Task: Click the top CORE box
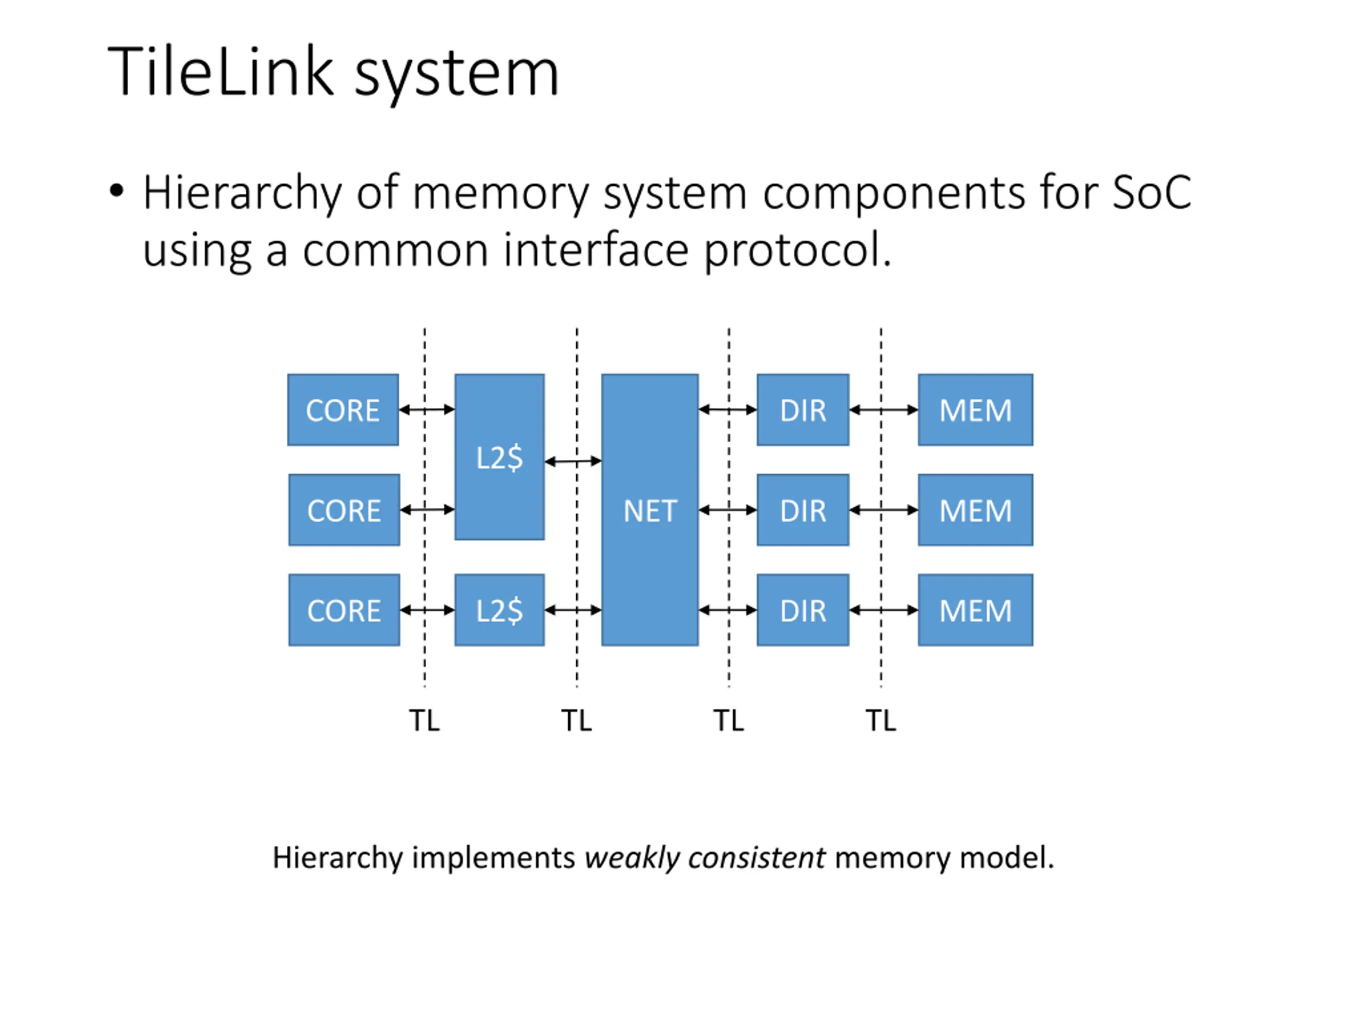[x=343, y=410]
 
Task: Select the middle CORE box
[x=344, y=510]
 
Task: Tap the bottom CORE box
[x=344, y=610]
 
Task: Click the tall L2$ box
[x=500, y=457]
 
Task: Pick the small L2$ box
[x=500, y=610]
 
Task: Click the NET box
[x=650, y=510]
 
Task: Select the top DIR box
[x=803, y=410]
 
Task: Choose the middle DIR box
[x=803, y=510]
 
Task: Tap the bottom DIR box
[x=803, y=610]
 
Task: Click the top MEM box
[x=975, y=410]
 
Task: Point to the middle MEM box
[x=975, y=510]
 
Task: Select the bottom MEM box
[x=975, y=610]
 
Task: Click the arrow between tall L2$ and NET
[x=573, y=461]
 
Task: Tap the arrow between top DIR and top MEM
[x=884, y=410]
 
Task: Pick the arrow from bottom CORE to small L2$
[x=427, y=610]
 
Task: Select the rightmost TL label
[x=881, y=720]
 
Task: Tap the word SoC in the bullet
[x=1152, y=192]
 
